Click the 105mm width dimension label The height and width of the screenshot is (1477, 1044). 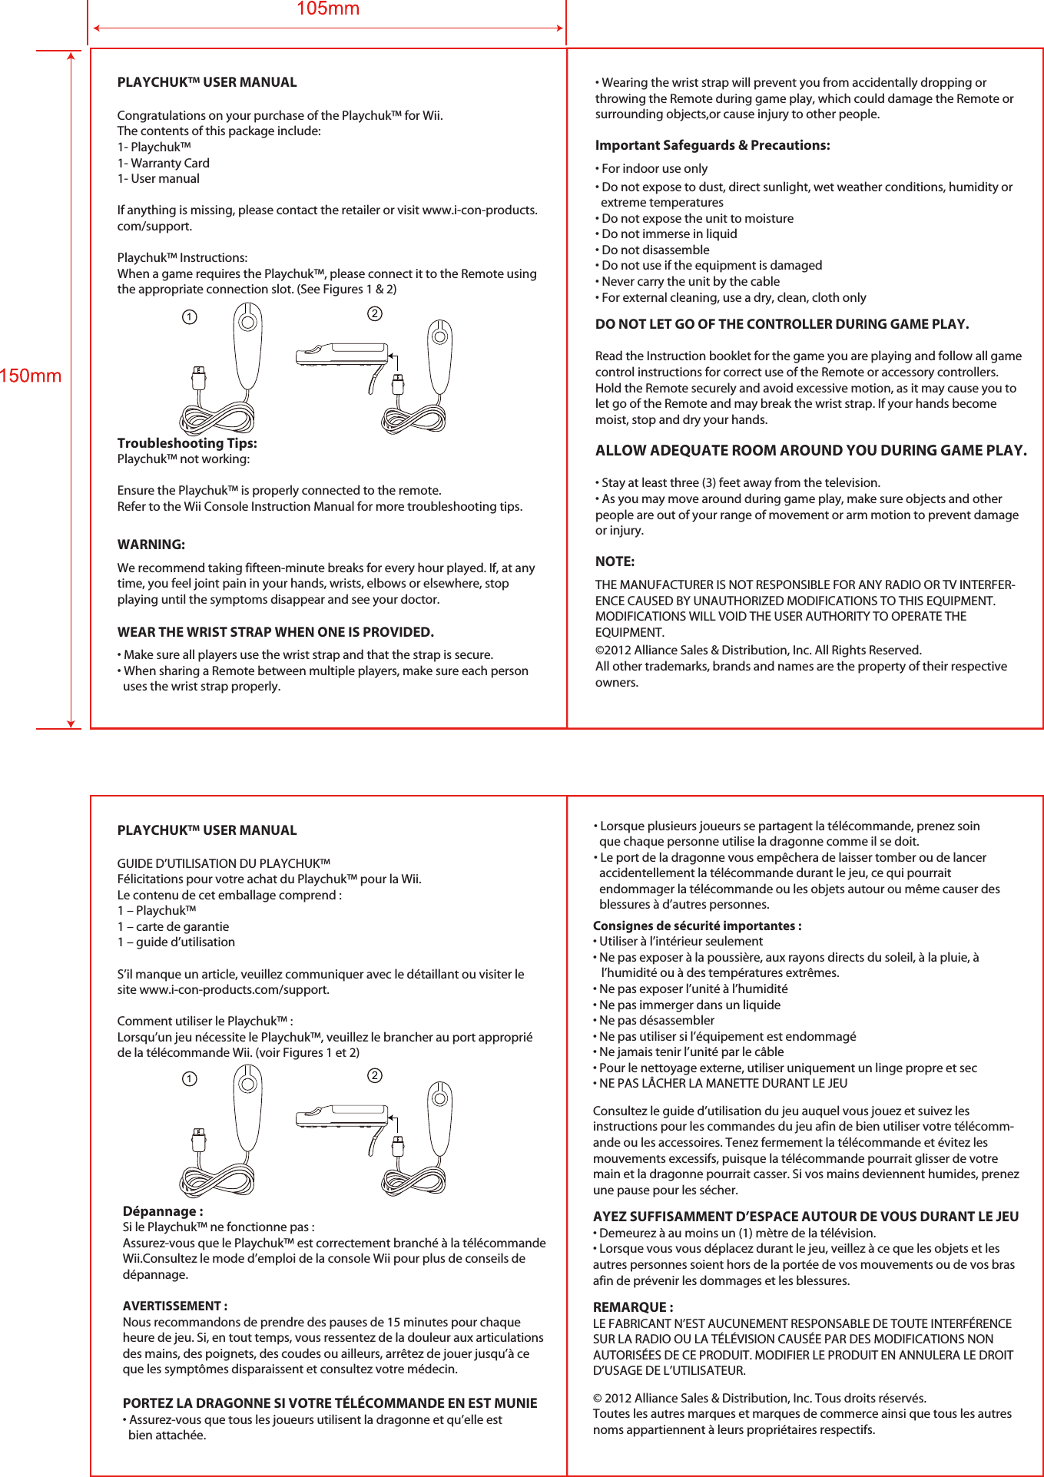(x=328, y=9)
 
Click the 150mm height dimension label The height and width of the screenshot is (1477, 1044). (x=31, y=376)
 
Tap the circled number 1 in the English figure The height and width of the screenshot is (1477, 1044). (x=189, y=316)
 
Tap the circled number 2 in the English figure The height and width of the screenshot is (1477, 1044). (x=374, y=313)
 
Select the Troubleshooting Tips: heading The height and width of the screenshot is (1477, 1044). (x=187, y=443)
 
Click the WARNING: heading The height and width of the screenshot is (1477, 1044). (x=151, y=545)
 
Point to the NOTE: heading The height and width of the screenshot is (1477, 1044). (x=615, y=561)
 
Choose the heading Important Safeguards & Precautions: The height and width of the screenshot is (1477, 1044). (x=712, y=145)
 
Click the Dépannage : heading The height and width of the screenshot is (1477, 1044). (x=163, y=1211)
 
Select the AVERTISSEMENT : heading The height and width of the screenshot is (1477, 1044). (x=174, y=1306)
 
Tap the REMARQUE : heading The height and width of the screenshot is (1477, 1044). (x=633, y=1307)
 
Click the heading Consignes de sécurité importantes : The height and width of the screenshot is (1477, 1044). (x=697, y=926)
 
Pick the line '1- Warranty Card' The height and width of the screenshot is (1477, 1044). (x=163, y=163)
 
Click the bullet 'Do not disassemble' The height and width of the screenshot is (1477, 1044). (x=655, y=250)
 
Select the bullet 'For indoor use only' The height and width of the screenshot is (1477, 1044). (x=654, y=168)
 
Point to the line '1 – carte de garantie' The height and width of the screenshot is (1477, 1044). (x=173, y=926)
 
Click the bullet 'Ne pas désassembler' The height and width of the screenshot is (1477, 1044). (x=656, y=1020)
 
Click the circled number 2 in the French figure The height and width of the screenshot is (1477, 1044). (x=374, y=1075)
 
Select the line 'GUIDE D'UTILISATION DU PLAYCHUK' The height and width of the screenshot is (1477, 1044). (x=224, y=863)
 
